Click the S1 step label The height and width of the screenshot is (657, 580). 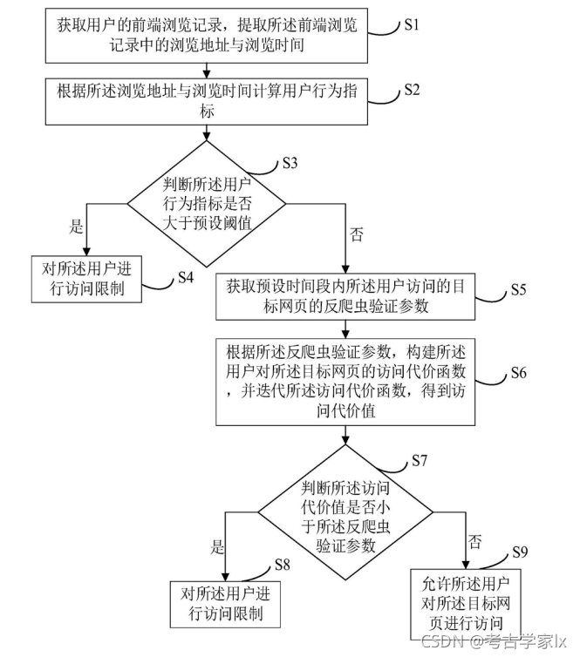coord(411,24)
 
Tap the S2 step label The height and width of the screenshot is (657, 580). coord(413,91)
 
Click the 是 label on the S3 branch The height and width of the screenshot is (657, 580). coord(76,227)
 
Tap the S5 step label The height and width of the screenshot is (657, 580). coord(517,289)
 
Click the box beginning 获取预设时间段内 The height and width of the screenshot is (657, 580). coord(348,295)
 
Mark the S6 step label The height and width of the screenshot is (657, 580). coord(519,372)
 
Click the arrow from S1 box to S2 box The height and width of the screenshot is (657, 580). coord(207,70)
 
